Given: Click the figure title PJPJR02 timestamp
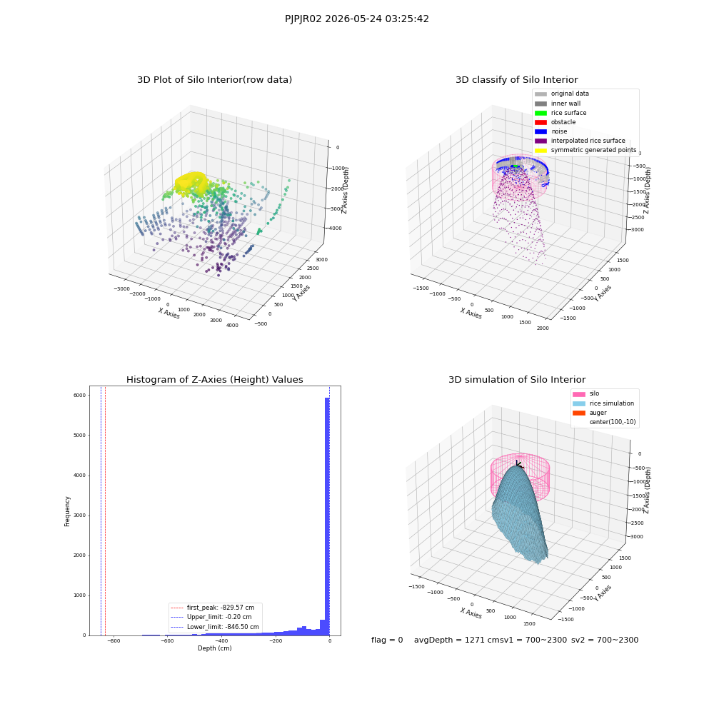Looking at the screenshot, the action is (x=356, y=19).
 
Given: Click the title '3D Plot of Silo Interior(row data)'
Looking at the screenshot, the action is (x=214, y=80).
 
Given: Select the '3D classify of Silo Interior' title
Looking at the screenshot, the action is (x=517, y=80).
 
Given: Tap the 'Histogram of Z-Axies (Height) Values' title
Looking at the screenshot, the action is (x=214, y=379).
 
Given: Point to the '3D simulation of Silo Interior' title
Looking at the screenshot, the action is (x=517, y=379).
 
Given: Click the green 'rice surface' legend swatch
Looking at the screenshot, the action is (x=540, y=113).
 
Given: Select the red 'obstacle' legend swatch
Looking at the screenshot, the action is (x=540, y=122).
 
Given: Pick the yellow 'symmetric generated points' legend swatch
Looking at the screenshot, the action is (x=540, y=150).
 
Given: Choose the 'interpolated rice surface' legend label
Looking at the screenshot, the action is (x=588, y=141).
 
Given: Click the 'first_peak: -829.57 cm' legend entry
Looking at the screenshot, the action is (x=212, y=608).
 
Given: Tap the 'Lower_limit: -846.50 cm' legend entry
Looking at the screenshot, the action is (x=214, y=627).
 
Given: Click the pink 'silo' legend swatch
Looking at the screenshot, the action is (x=579, y=394).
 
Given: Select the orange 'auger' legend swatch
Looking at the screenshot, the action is (x=579, y=413).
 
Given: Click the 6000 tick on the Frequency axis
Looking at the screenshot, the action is (x=79, y=396).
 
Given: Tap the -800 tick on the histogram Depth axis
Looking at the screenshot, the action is (x=114, y=640).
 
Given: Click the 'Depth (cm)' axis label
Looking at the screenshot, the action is (x=214, y=648).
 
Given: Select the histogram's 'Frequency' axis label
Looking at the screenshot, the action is (x=67, y=511).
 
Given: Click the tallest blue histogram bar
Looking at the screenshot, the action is (x=327, y=516).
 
